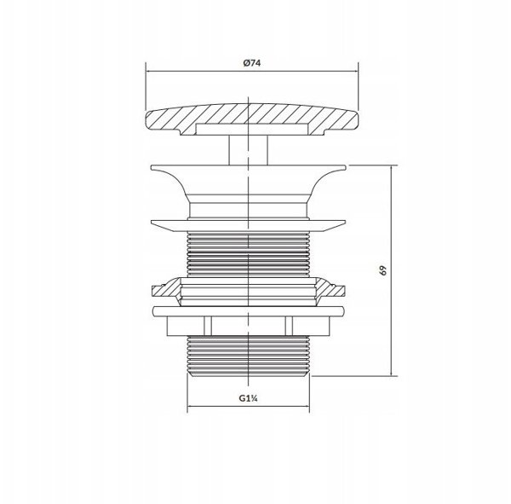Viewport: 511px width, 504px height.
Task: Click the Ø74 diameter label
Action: tap(252, 62)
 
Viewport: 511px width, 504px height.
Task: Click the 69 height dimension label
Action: tap(383, 270)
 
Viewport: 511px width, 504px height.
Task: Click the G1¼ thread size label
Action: tap(249, 398)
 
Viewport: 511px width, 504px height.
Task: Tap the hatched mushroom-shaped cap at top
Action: tap(251, 119)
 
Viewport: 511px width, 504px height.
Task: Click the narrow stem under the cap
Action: tap(249, 150)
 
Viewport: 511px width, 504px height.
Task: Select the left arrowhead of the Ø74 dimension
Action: tap(149, 71)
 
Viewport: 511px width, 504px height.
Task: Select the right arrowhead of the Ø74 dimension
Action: tap(355, 71)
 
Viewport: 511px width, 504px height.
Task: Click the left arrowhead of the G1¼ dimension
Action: tap(191, 407)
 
